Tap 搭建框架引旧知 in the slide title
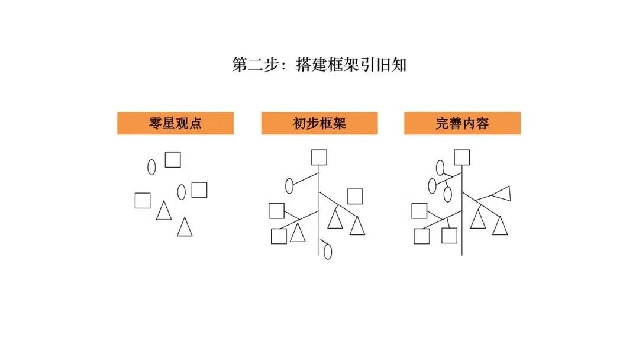point(351,65)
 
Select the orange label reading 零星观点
point(175,123)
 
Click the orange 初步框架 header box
point(319,123)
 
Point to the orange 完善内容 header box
point(462,123)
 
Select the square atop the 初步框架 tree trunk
point(319,157)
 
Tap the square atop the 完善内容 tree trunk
point(462,157)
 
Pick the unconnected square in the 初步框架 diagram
point(355,196)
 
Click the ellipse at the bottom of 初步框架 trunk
point(328,252)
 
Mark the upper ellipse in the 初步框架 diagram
point(290,186)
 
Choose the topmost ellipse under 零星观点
point(151,168)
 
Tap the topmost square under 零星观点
point(173,160)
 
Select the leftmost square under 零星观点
point(143,201)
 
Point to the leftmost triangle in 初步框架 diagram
point(298,234)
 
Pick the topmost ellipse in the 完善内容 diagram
point(440,168)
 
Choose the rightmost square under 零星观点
point(199,190)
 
